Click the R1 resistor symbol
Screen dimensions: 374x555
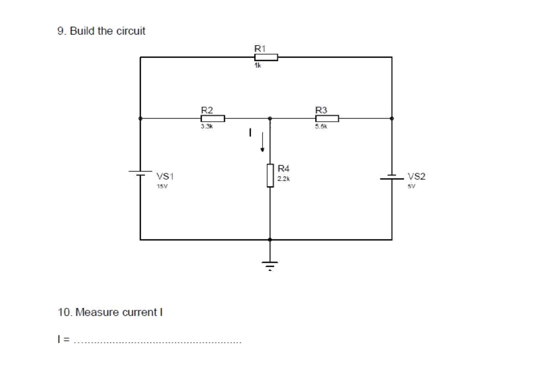pos(266,57)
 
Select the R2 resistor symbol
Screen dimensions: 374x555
pos(213,118)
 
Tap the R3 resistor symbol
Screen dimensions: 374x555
pos(327,118)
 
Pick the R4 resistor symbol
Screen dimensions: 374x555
pos(270,175)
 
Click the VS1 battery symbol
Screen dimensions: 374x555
pos(140,173)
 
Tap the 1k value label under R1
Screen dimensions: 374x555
pos(257,66)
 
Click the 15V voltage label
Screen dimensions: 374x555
pos(163,187)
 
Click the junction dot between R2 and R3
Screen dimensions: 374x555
pos(270,118)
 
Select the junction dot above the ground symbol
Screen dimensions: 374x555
pos(270,240)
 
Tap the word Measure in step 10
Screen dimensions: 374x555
pos(98,312)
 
